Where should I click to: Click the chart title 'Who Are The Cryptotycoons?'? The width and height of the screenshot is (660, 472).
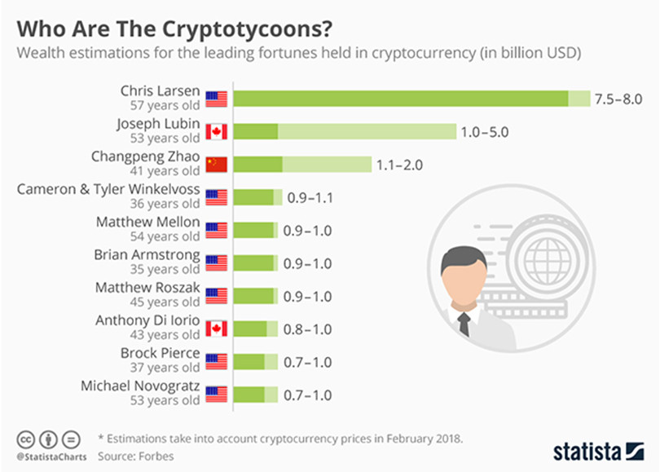(174, 29)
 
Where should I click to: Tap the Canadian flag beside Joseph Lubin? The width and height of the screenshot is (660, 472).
(216, 131)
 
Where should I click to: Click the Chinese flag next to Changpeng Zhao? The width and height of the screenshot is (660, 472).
(216, 165)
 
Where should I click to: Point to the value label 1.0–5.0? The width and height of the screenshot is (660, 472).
(486, 131)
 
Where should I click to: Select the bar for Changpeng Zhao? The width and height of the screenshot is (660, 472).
(301, 165)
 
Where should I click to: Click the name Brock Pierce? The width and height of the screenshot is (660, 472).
(160, 353)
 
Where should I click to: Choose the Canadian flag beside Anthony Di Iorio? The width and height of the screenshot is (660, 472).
(216, 329)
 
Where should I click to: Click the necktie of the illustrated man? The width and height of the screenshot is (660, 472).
(463, 324)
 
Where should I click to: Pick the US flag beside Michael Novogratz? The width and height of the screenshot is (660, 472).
(216, 395)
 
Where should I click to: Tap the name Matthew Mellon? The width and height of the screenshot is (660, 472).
(147, 222)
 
